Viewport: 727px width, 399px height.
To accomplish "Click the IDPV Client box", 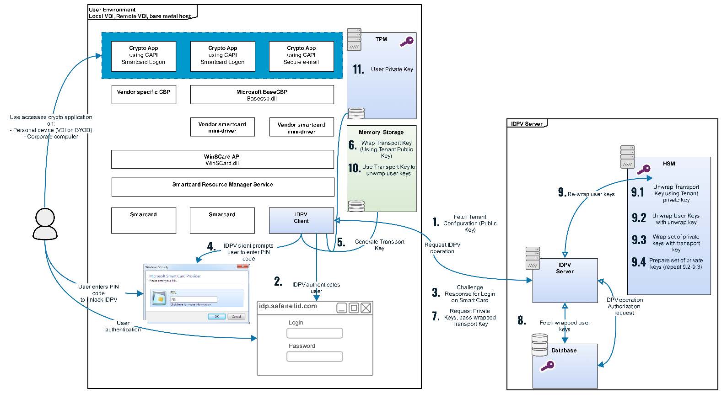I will coord(301,220).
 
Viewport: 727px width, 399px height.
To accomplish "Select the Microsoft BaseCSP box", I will coord(262,95).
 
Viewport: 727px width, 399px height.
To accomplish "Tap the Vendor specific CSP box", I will coord(143,95).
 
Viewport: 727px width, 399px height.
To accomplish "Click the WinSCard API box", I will coord(222,160).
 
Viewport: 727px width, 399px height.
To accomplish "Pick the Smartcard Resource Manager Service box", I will coord(222,187).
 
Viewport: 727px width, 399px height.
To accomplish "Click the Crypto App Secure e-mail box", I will coord(301,56).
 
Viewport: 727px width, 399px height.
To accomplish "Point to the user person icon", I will coord(45,224).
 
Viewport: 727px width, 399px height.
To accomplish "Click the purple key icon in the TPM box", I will coord(406,42).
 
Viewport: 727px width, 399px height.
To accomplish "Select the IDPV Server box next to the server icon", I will coord(565,280).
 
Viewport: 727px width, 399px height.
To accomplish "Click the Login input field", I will coord(314,333).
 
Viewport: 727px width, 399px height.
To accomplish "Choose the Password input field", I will coord(314,356).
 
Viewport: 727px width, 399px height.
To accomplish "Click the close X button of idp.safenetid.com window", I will coord(366,308).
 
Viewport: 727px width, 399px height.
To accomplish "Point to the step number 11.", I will coord(358,69).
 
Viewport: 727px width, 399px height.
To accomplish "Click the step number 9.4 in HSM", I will coord(639,262).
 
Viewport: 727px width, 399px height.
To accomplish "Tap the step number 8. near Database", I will coord(522,320).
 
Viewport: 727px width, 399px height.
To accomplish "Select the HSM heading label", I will coord(668,164).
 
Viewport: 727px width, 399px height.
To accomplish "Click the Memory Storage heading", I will coord(381,132).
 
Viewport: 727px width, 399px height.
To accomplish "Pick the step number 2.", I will coord(278,282).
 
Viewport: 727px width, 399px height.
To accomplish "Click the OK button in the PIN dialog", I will coord(216,316).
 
